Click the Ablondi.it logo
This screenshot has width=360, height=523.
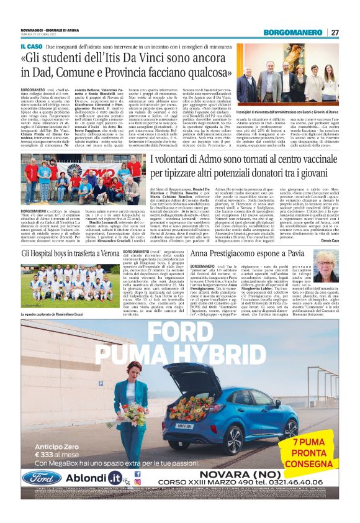[x=92, y=478]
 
